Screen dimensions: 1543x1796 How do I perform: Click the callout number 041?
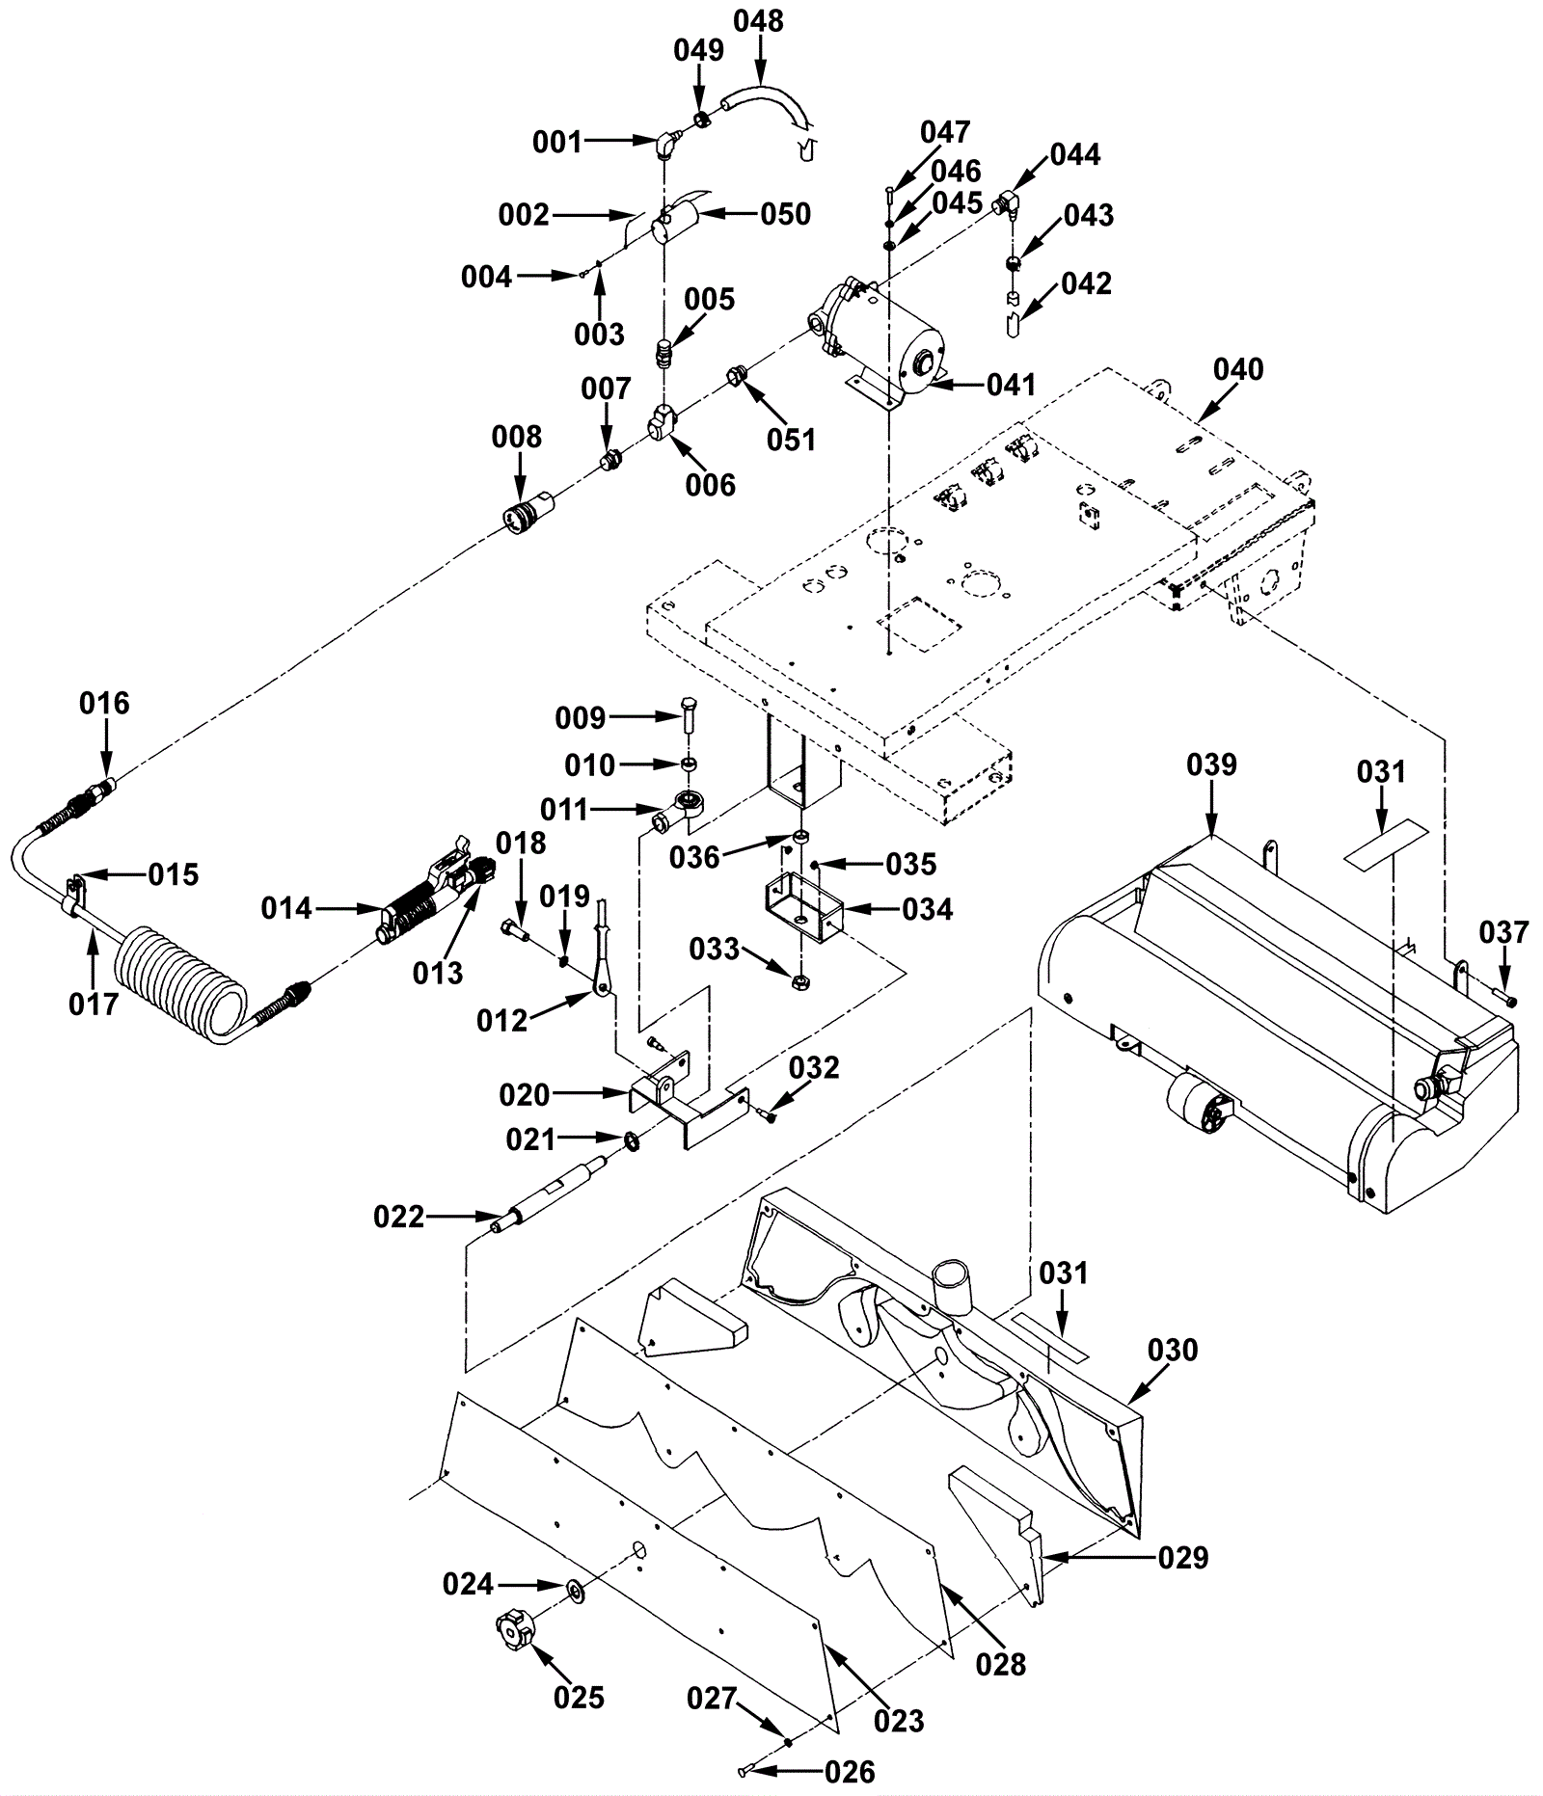(x=1011, y=385)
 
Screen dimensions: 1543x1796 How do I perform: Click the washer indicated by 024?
(x=576, y=1588)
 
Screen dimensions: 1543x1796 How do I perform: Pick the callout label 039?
(x=1211, y=764)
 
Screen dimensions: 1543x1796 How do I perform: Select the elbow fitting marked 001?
(x=665, y=144)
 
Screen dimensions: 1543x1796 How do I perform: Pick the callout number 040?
(x=1238, y=369)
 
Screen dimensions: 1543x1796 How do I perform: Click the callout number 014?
(x=287, y=908)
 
